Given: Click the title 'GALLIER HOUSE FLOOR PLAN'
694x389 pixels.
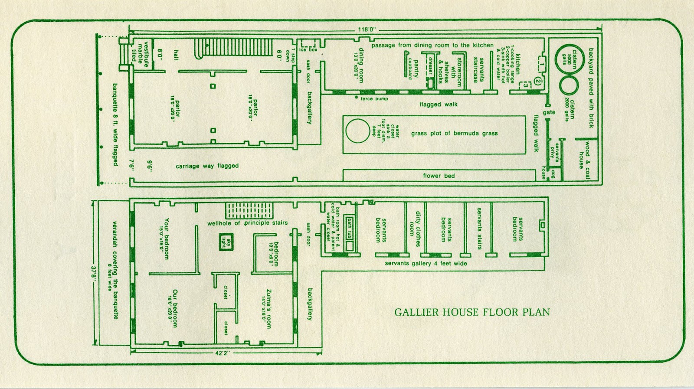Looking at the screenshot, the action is point(472,312).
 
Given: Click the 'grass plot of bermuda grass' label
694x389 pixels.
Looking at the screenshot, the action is point(454,134).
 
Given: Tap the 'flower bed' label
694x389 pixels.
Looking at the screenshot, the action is point(439,176).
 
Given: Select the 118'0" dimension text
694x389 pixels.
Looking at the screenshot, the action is point(367,30).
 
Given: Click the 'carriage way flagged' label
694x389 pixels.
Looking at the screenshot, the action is point(207,166).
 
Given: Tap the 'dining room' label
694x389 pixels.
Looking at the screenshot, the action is point(358,65).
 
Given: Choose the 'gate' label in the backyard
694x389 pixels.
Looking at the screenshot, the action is point(549,112).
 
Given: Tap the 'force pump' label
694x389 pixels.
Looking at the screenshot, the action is point(374,99).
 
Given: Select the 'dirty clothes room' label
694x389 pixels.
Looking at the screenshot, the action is point(415,229).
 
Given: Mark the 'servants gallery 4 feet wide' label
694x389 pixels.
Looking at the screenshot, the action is point(426,263).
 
